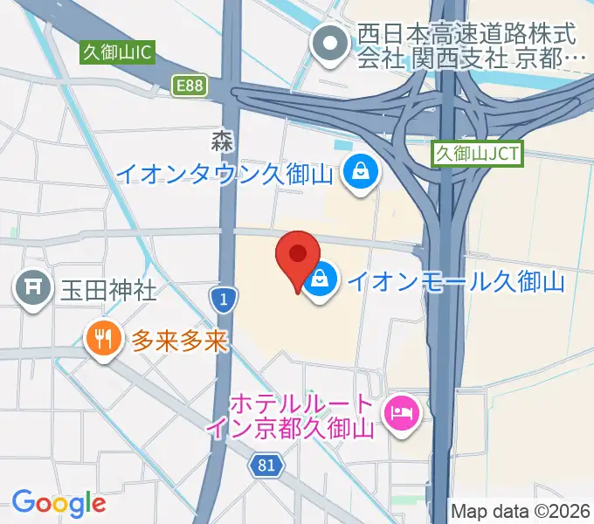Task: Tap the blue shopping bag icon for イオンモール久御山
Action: pyautogui.click(x=321, y=281)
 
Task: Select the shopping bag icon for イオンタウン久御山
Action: pyautogui.click(x=360, y=172)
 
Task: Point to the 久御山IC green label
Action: pyautogui.click(x=117, y=52)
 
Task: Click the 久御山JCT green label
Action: pyautogui.click(x=478, y=155)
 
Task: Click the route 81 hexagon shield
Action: pyautogui.click(x=266, y=467)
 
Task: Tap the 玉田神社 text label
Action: pyautogui.click(x=108, y=289)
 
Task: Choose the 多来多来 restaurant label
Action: pyautogui.click(x=179, y=340)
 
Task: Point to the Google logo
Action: pyautogui.click(x=59, y=502)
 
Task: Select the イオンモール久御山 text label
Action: pyautogui.click(x=456, y=281)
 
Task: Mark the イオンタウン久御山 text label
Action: pyautogui.click(x=225, y=173)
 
